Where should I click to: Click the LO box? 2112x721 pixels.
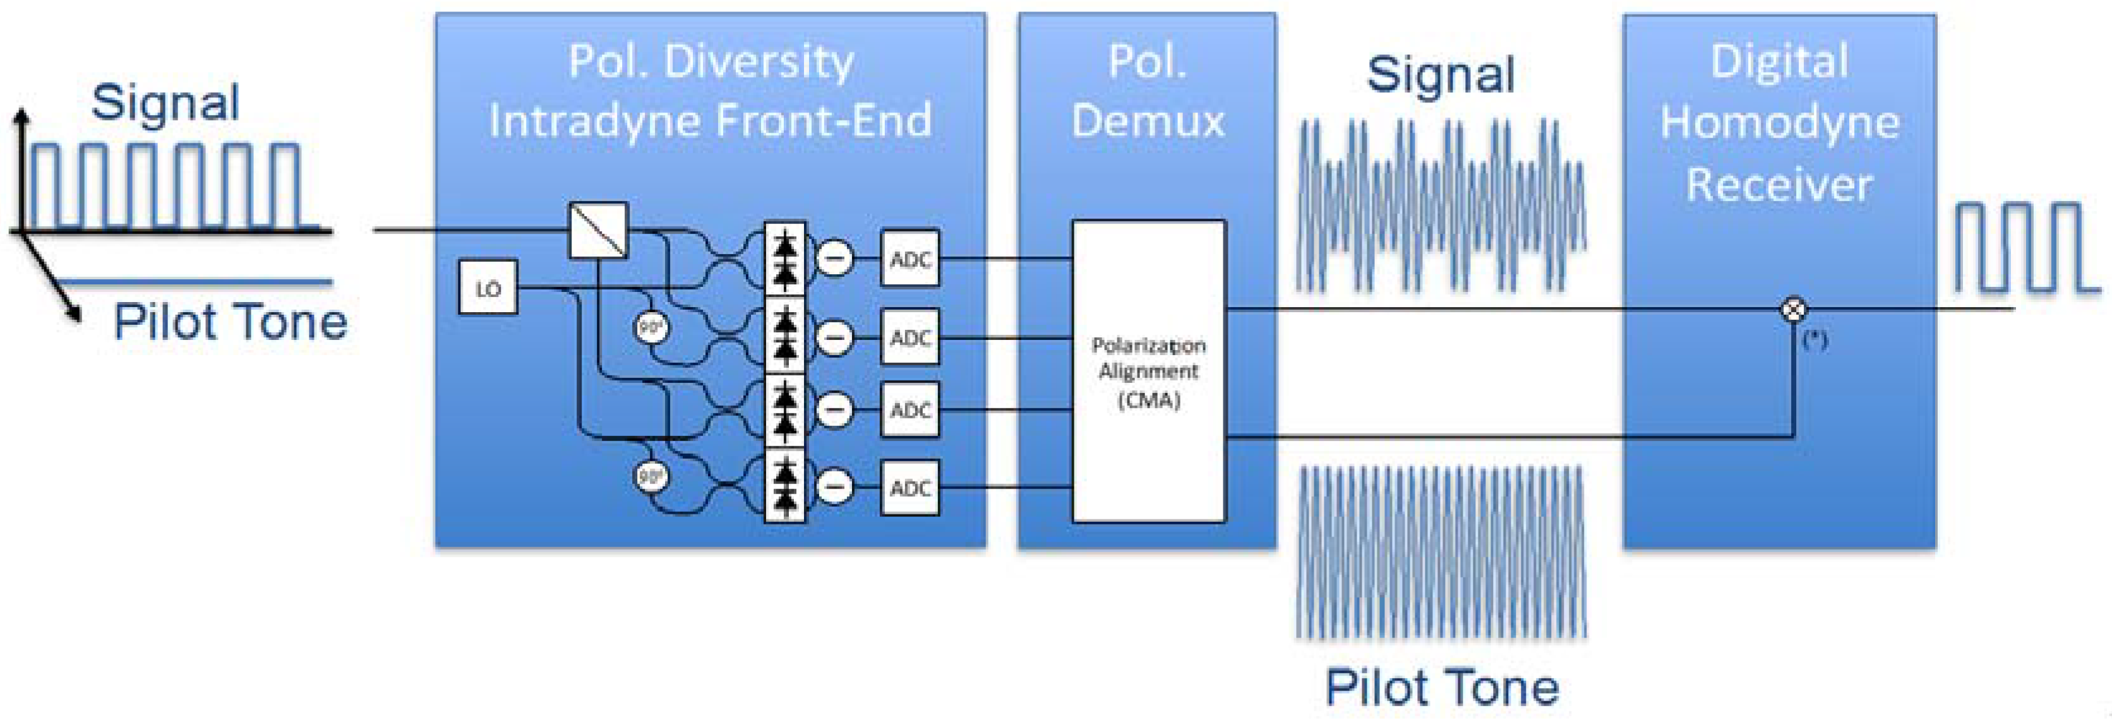[x=488, y=288]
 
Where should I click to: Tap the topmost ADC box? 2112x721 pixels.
[x=910, y=259]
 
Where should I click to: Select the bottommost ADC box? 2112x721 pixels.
[x=910, y=488]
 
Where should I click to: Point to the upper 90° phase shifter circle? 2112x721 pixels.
[x=652, y=328]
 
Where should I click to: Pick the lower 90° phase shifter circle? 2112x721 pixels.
[x=652, y=476]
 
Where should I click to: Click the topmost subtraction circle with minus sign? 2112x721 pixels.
[x=836, y=259]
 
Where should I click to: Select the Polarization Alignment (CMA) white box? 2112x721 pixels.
[x=1149, y=371]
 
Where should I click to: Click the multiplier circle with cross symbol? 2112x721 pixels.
[x=1794, y=309]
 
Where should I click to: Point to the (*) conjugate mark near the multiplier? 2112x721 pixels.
[x=1815, y=339]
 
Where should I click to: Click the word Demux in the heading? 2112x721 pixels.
[x=1148, y=121]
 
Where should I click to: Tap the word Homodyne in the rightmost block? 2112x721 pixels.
[x=1780, y=123]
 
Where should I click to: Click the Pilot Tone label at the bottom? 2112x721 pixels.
[x=1442, y=688]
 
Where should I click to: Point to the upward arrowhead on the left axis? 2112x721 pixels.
[x=22, y=116]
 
